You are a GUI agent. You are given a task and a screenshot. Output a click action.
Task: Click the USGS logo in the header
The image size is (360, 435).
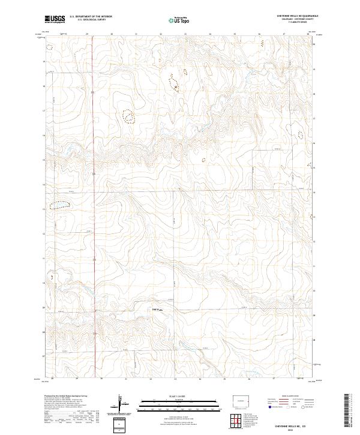click(x=55, y=19)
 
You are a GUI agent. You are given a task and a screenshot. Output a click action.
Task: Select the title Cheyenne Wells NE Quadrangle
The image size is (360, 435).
click(x=297, y=16)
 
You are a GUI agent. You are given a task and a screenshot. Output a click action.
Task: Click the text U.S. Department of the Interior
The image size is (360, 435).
click(x=91, y=16)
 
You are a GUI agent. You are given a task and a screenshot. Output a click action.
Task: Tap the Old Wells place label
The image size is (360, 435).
click(x=157, y=310)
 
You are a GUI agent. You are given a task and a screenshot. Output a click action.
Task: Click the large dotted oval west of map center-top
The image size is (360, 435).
click(x=128, y=115)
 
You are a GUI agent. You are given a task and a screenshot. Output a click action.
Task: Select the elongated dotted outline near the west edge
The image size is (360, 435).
click(x=59, y=205)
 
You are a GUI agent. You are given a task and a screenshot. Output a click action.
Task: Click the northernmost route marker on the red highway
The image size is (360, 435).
click(x=92, y=93)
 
